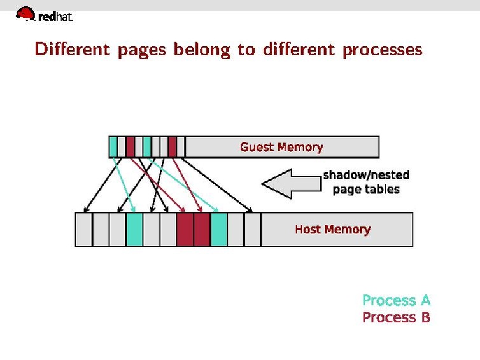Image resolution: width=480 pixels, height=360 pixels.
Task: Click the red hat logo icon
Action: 25,13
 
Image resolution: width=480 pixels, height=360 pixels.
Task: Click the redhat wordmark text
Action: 55,18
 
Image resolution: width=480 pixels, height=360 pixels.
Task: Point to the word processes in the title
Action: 382,50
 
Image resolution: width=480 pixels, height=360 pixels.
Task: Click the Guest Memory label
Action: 281,147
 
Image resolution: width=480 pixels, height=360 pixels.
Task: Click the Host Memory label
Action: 332,229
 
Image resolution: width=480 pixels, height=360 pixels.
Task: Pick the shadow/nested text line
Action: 366,175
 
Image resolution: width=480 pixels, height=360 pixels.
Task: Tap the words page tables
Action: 366,189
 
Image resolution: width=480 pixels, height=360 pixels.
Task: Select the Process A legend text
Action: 396,300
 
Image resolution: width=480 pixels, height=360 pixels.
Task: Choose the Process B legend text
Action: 396,317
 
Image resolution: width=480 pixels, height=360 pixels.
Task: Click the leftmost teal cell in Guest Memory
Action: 113,147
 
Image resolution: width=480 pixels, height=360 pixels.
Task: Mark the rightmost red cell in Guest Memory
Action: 172,147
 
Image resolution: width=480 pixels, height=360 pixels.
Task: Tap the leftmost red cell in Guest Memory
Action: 130,147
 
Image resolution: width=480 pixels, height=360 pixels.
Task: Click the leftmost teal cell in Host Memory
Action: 134,229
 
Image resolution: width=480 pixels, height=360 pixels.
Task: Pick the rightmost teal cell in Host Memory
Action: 218,229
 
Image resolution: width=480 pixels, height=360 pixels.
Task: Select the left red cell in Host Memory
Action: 185,229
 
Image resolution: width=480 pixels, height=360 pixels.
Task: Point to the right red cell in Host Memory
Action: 201,229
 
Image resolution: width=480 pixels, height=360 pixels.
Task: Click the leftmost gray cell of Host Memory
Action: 83,229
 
